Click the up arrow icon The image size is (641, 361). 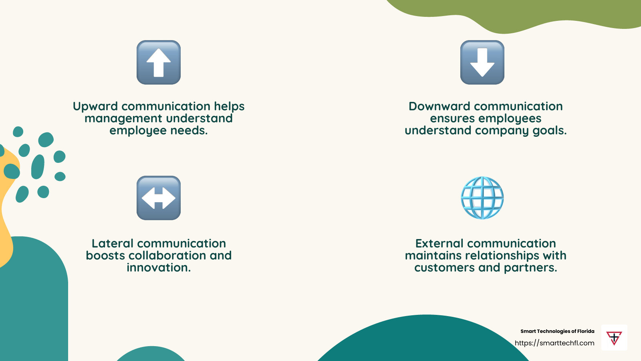[159, 62]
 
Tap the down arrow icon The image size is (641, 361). [482, 62]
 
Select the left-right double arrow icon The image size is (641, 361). [159, 198]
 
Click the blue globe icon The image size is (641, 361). [482, 198]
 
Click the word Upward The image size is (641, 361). [95, 107]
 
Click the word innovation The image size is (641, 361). [159, 268]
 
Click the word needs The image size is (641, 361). [189, 131]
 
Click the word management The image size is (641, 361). [123, 119]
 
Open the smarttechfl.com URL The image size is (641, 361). [554, 343]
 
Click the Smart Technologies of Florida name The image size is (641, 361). [557, 331]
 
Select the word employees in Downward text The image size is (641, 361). [508, 119]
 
